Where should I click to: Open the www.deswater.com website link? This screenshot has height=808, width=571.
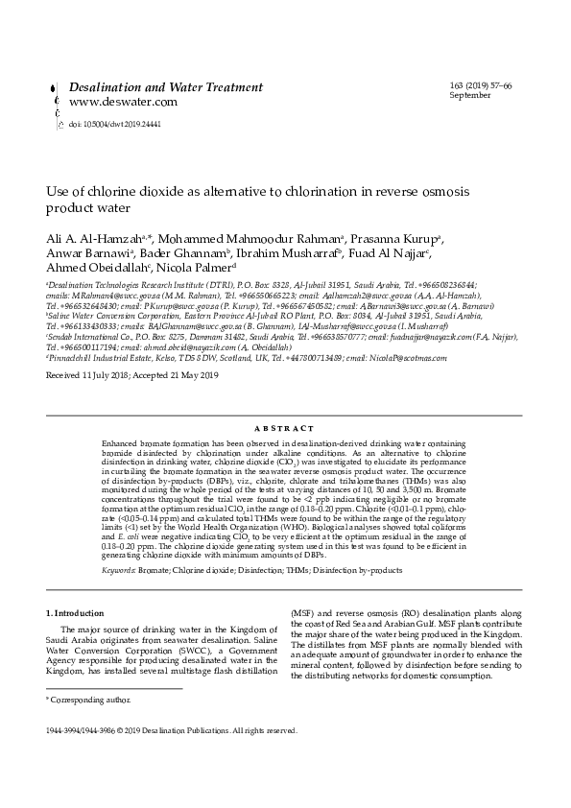pyautogui.click(x=123, y=102)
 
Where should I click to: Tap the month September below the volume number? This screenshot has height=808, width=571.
pyautogui.click(x=470, y=96)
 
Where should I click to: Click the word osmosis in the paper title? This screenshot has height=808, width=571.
pyautogui.click(x=437, y=192)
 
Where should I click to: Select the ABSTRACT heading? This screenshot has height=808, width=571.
pyautogui.click(x=285, y=428)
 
